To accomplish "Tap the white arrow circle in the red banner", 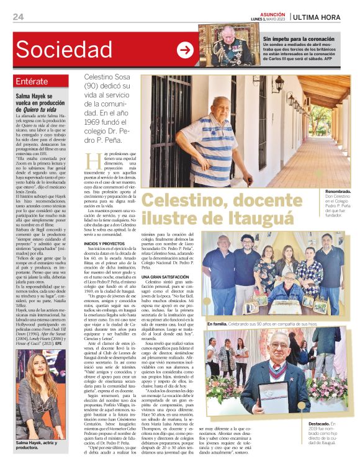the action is pos(185,50).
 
